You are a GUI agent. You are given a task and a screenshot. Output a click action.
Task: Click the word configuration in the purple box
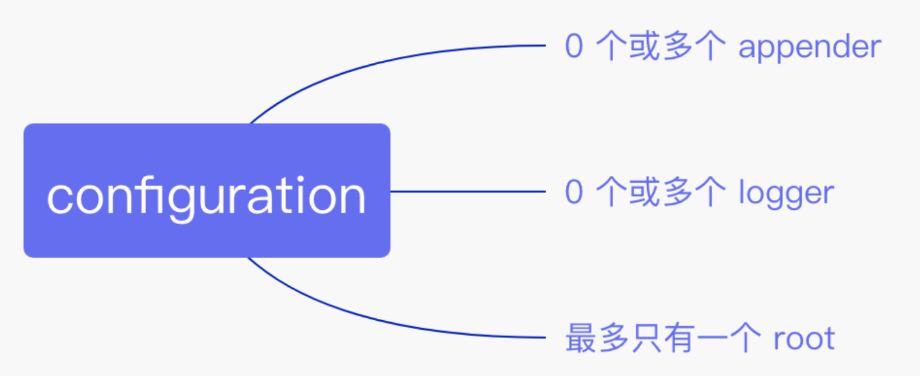(206, 195)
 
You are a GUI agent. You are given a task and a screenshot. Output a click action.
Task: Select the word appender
(810, 47)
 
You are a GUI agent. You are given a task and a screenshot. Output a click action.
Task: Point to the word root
(804, 338)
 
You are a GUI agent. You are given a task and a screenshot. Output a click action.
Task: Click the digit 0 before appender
(574, 47)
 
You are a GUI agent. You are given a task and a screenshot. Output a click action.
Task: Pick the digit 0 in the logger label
(574, 193)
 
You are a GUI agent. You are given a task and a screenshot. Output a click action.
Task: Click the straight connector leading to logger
(468, 191)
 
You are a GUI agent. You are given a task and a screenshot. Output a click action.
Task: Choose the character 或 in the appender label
(644, 47)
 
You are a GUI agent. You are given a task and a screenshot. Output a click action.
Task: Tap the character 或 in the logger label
(644, 193)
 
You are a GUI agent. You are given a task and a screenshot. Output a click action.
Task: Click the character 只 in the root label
(646, 338)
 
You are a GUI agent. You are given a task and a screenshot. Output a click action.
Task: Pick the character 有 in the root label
(679, 338)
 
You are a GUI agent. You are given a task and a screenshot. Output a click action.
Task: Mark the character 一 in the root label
(712, 338)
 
